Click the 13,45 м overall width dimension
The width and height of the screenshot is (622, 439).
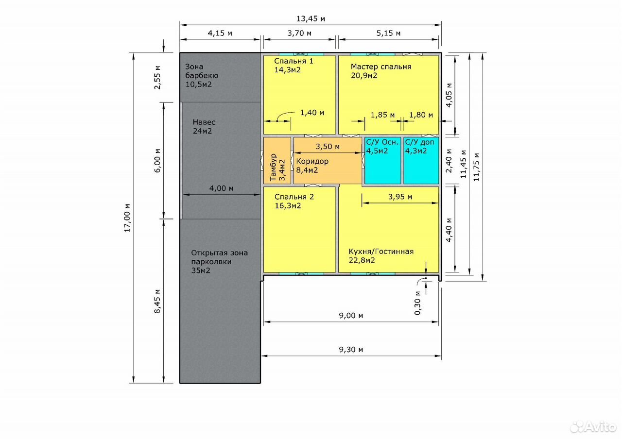pyautogui.click(x=311, y=19)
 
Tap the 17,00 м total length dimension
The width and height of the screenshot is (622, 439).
pyautogui.click(x=127, y=218)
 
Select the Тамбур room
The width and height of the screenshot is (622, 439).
pyautogui.click(x=277, y=160)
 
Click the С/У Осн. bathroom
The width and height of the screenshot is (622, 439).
pyautogui.click(x=382, y=160)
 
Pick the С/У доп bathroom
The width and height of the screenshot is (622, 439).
pyautogui.click(x=421, y=160)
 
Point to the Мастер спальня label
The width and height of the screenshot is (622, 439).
pyautogui.click(x=380, y=67)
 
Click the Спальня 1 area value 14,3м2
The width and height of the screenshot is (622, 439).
pyautogui.click(x=287, y=70)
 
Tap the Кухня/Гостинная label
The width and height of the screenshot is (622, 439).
pyautogui.click(x=381, y=252)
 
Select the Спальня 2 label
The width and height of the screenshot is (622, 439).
pyautogui.click(x=294, y=197)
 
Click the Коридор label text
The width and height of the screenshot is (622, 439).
pyautogui.click(x=312, y=161)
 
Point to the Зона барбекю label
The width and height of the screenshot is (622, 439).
pyautogui.click(x=202, y=71)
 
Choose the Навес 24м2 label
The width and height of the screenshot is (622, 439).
pyautogui.click(x=204, y=127)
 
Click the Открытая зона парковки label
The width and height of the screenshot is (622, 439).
pyautogui.click(x=219, y=257)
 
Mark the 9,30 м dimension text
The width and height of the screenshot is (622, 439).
pyautogui.click(x=351, y=350)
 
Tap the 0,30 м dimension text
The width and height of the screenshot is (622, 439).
pyautogui.click(x=417, y=303)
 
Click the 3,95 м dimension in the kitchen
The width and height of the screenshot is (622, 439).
pyautogui.click(x=400, y=197)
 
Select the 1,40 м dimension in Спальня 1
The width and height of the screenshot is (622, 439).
pyautogui.click(x=312, y=113)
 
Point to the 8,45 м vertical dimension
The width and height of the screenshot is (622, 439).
pyautogui.click(x=157, y=301)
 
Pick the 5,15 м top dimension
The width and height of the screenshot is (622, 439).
pyautogui.click(x=388, y=34)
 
